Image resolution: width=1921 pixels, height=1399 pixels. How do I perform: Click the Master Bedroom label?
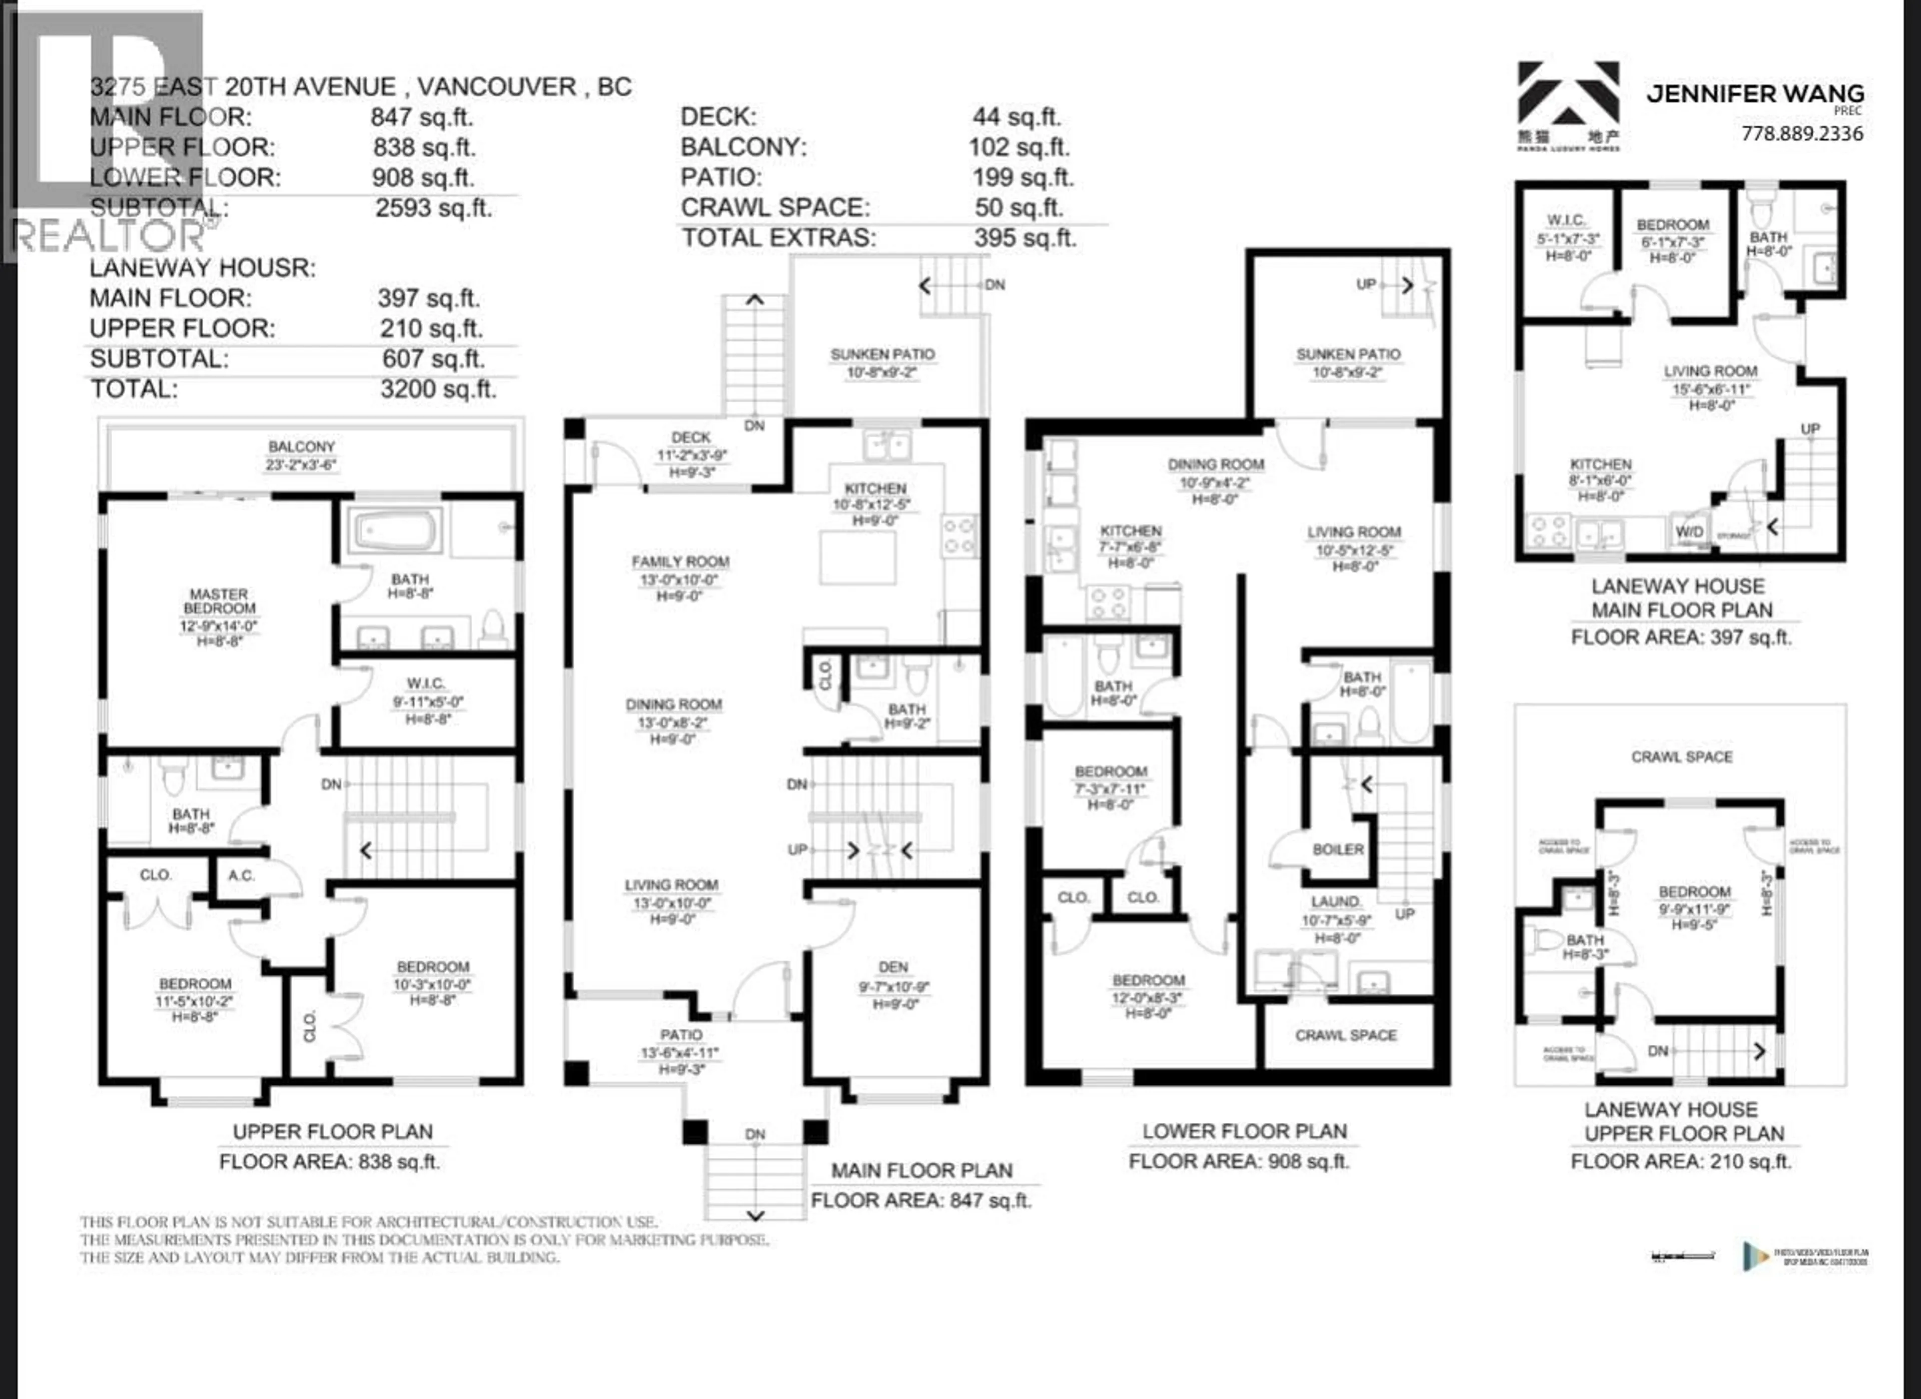click(x=219, y=601)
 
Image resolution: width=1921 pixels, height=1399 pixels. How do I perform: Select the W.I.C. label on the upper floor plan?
click(x=425, y=683)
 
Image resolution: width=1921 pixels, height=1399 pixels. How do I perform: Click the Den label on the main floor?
click(x=893, y=967)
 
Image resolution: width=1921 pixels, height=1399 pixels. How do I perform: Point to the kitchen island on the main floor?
click(x=857, y=557)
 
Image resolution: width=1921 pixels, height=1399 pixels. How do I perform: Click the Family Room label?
click(x=680, y=562)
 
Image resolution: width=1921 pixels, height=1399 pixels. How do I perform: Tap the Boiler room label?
click(x=1338, y=849)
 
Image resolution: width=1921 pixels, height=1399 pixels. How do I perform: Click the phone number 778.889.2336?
click(x=1801, y=133)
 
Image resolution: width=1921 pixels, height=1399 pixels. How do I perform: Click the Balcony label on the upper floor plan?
click(x=302, y=446)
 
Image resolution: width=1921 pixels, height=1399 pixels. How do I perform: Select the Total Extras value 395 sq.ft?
click(x=1025, y=238)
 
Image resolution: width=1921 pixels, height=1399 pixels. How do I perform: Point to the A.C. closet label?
click(x=242, y=875)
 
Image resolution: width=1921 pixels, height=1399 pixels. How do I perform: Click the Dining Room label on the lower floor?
click(x=1216, y=464)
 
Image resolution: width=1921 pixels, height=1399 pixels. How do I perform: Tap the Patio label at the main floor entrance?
click(x=681, y=1035)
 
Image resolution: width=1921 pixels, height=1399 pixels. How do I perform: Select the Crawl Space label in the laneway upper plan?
click(x=1681, y=757)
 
